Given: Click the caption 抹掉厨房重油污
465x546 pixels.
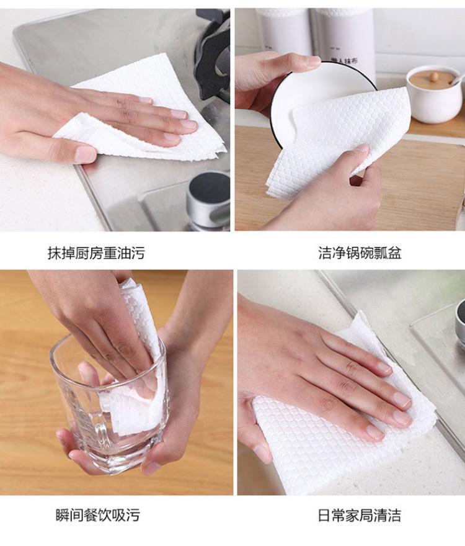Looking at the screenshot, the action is tap(96, 253).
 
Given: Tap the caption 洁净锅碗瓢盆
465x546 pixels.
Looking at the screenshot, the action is tap(360, 253).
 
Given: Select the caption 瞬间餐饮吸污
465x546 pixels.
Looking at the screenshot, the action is tap(98, 515).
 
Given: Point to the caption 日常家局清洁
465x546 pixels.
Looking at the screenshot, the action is tap(360, 515).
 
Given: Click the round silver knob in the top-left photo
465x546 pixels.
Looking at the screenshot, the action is tap(208, 201).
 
